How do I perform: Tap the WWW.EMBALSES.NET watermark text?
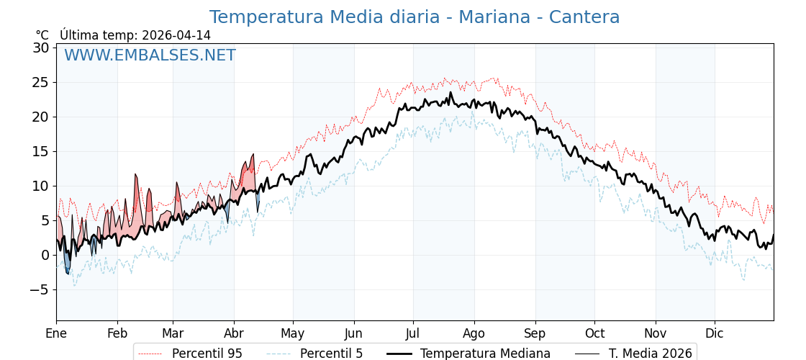150,55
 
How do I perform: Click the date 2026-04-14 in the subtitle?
176,35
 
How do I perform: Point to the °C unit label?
42,35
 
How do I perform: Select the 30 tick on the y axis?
41,48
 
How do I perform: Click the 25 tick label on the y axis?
41,82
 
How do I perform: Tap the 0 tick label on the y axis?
45,255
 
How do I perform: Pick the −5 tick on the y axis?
40,289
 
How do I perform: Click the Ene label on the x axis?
56,333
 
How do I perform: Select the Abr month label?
234,333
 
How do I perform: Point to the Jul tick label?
413,333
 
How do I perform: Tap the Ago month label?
474,333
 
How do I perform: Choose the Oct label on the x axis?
594,333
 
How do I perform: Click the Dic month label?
715,333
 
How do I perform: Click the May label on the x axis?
293,333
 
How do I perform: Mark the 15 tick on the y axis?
41,151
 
